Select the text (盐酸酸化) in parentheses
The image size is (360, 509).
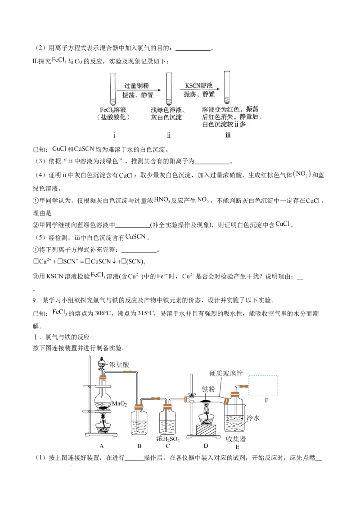(114, 117)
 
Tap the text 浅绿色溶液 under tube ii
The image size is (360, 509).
(168, 110)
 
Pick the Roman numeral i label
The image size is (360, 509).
(114, 135)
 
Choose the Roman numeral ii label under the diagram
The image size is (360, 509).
(169, 135)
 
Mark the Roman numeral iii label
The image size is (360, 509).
(228, 135)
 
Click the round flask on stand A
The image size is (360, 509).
(103, 402)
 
